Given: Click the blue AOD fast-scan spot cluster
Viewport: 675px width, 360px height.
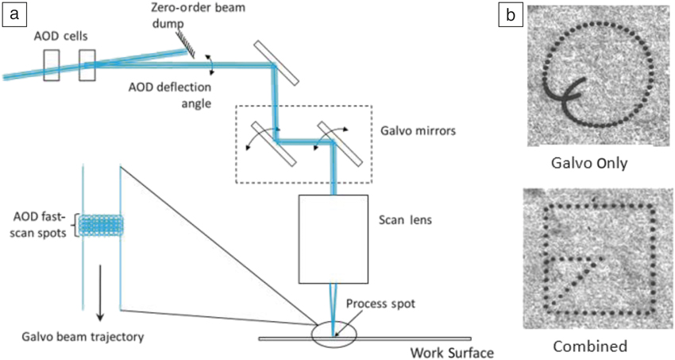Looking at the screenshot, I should coord(101,225).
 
